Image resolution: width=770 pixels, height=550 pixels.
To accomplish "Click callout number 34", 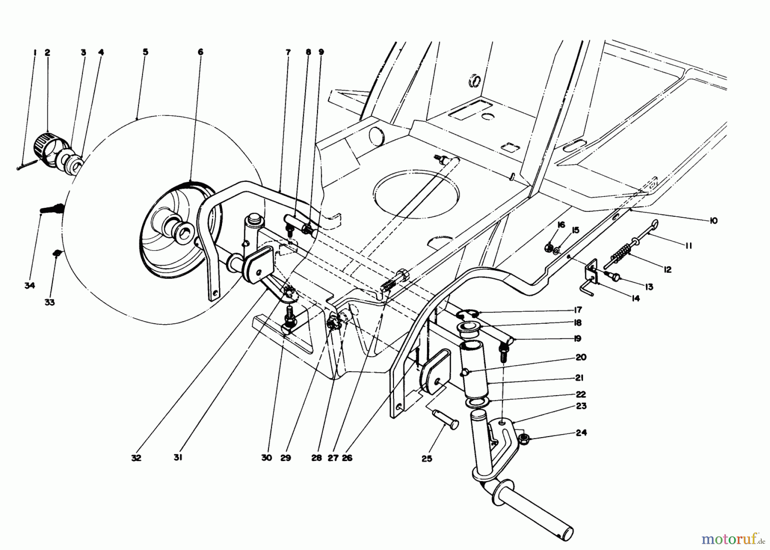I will click(29, 286).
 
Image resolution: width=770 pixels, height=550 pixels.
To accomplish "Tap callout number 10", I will click(713, 221).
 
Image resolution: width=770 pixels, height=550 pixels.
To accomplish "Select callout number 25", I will click(426, 459).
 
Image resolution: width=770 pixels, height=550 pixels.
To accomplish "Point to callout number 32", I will click(136, 458).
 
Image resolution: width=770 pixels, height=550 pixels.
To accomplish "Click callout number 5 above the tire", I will click(145, 52).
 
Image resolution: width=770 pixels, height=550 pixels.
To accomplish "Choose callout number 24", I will click(581, 433).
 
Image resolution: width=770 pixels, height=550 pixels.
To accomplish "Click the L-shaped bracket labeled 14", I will click(590, 278).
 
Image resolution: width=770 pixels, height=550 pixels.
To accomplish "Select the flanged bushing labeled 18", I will click(469, 329).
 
